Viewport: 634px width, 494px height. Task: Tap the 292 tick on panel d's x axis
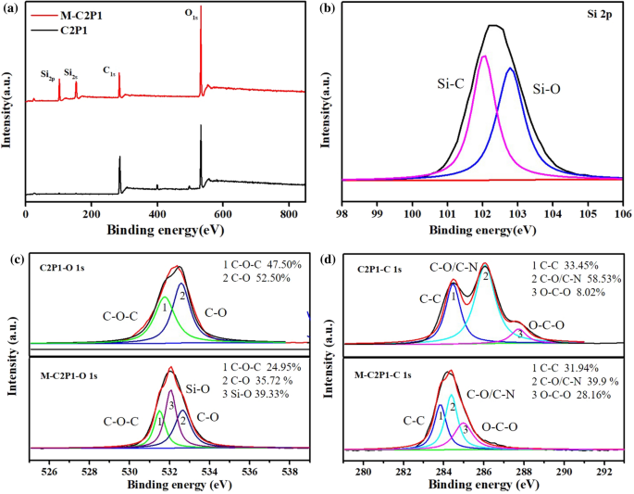[x=603, y=471]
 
